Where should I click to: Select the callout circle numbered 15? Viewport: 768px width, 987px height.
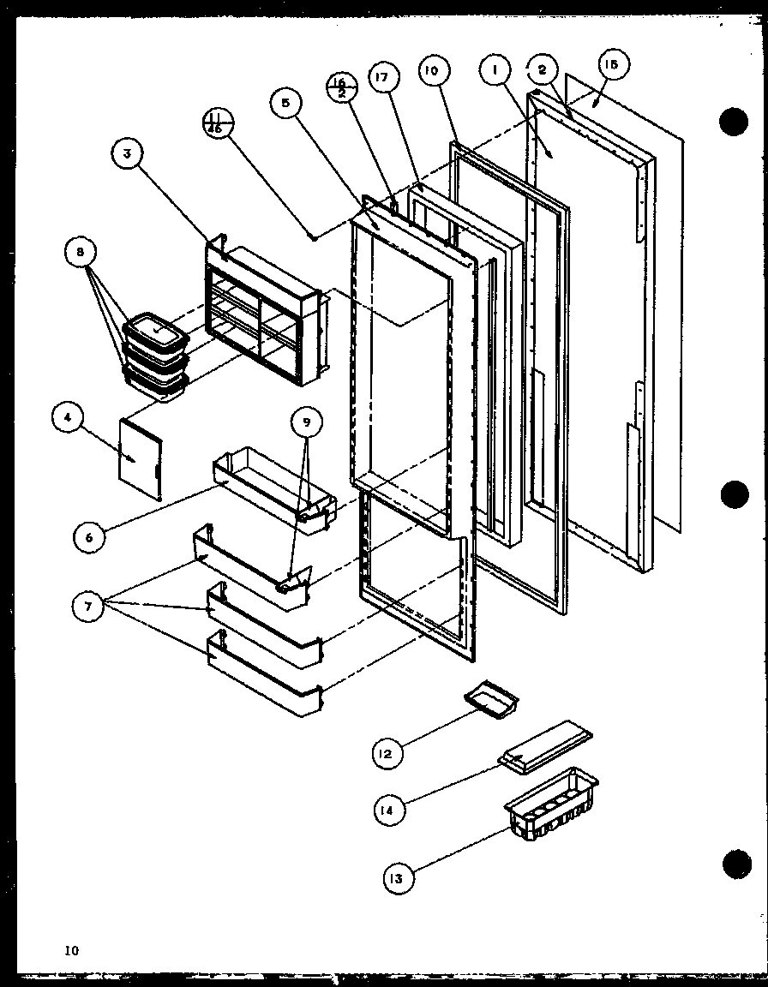pyautogui.click(x=614, y=64)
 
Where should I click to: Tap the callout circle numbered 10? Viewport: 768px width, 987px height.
pyautogui.click(x=430, y=71)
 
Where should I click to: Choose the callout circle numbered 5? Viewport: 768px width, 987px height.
pyautogui.click(x=285, y=104)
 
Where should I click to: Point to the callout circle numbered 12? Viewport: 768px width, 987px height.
pyautogui.click(x=386, y=753)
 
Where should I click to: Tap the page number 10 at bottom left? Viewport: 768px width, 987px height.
pyautogui.click(x=69, y=949)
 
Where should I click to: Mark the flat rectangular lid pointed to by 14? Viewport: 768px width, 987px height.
pyautogui.click(x=545, y=747)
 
